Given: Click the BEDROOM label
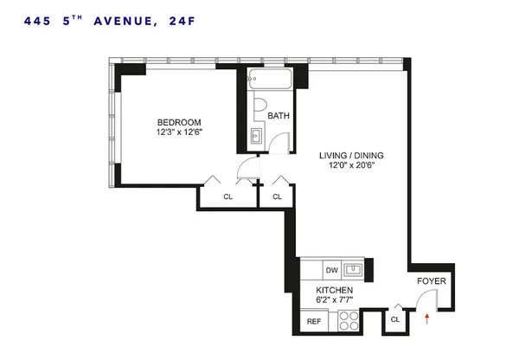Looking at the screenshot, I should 179,122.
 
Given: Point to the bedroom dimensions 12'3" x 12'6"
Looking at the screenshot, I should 179,132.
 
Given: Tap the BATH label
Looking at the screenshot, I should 279,116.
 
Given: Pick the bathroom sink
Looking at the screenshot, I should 255,137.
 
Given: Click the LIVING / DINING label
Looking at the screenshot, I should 351,156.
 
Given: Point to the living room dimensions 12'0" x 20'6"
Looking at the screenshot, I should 351,167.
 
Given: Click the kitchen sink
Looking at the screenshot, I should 356,269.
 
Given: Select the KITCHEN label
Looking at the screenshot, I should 334,291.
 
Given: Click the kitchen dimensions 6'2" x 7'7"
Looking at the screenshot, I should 334,301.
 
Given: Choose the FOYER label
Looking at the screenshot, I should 431,282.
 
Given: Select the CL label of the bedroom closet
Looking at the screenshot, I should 228,197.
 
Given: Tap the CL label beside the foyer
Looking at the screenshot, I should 396,320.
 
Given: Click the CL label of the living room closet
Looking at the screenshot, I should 277,197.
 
